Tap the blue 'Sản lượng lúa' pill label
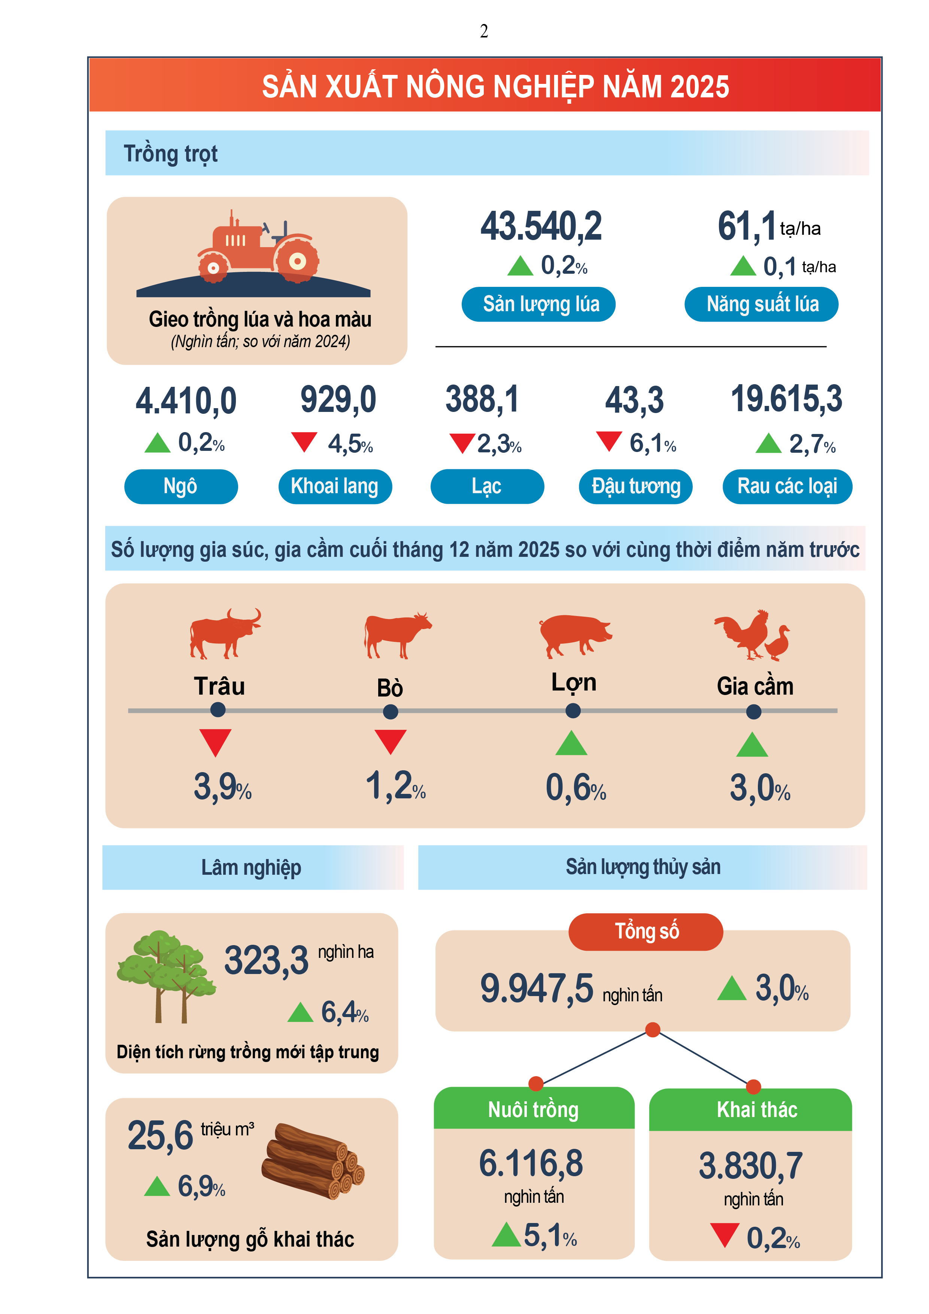pos(538,304)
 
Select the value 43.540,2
pos(541,226)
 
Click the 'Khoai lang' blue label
pos(335,486)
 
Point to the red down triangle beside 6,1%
pos(608,441)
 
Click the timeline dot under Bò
pos(391,711)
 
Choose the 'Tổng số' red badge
pos(646,932)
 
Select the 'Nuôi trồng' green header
pos(534,1109)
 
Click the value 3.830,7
pos(750,1166)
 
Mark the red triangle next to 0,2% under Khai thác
pos(724,1235)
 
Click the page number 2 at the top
pos(484,31)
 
